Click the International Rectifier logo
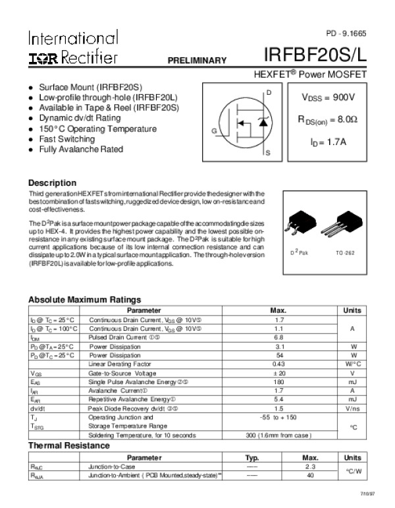(x=73, y=47)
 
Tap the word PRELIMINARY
(x=197, y=61)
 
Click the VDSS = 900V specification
(x=328, y=98)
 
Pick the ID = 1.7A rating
(x=328, y=141)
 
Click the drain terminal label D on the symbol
(x=268, y=93)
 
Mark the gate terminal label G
(x=214, y=131)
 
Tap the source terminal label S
(x=268, y=153)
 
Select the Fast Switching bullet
(x=67, y=139)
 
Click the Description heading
(x=52, y=183)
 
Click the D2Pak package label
(x=299, y=252)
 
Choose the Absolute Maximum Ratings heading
(x=84, y=300)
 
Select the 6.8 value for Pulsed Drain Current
(x=278, y=337)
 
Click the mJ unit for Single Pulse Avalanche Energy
(x=352, y=381)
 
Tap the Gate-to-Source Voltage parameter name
(x=122, y=373)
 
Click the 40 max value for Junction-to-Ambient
(x=311, y=475)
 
